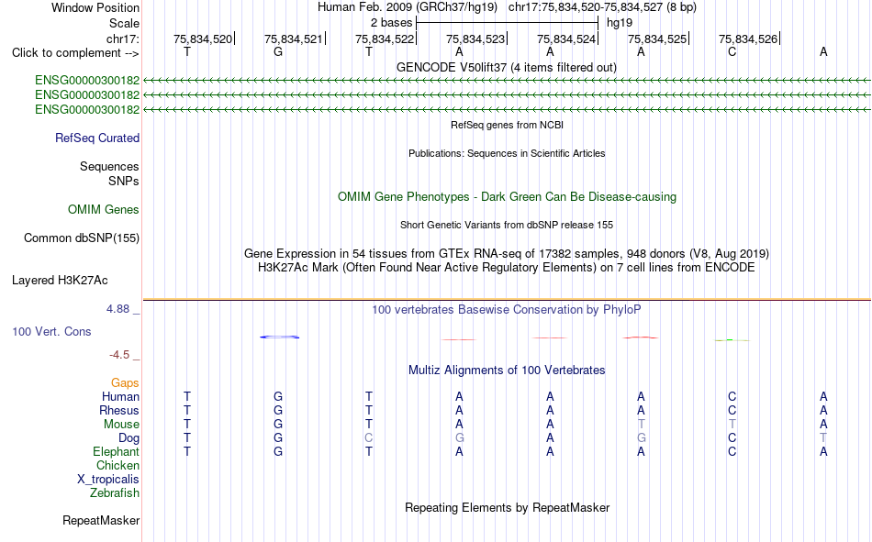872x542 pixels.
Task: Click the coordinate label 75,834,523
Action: click(x=475, y=39)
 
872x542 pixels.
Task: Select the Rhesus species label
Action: click(x=119, y=410)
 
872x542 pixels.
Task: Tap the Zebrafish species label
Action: click(x=115, y=493)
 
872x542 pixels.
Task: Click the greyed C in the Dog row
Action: click(x=369, y=438)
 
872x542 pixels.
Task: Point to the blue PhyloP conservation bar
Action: click(x=279, y=337)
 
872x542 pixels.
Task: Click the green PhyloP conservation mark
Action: click(x=732, y=340)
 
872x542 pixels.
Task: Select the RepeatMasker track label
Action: click(x=101, y=521)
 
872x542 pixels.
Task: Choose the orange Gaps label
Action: click(x=125, y=383)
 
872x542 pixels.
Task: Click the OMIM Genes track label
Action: click(x=104, y=210)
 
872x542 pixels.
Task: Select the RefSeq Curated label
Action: click(x=97, y=138)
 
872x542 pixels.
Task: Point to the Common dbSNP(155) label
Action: click(x=82, y=238)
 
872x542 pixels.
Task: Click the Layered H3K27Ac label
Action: click(x=60, y=281)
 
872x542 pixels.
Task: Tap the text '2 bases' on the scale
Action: click(x=392, y=23)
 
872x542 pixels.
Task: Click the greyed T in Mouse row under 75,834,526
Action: click(x=732, y=424)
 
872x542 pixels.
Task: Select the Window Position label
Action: click(x=95, y=7)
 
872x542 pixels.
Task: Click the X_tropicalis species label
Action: click(x=108, y=480)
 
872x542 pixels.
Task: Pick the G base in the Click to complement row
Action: click(x=278, y=52)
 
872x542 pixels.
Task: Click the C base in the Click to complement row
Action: click(x=732, y=52)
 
